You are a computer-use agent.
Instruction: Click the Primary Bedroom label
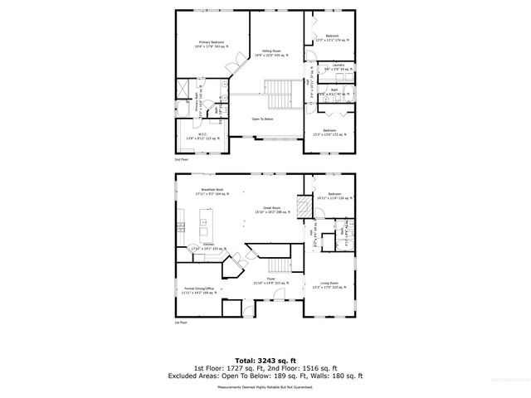pyautogui.click(x=212, y=43)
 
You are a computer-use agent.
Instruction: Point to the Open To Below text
pyautogui.click(x=263, y=119)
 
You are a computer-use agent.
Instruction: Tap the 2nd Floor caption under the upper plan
pyautogui.click(x=181, y=158)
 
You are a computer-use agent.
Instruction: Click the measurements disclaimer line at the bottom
pyautogui.click(x=265, y=386)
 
